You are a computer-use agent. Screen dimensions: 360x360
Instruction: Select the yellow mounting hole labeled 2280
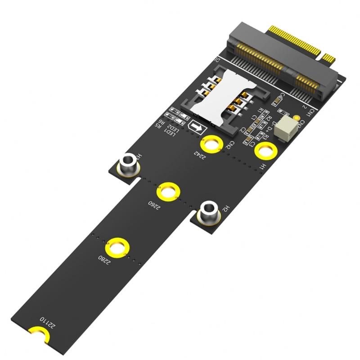click(117, 249)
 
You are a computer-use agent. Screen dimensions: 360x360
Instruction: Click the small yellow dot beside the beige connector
click(297, 118)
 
